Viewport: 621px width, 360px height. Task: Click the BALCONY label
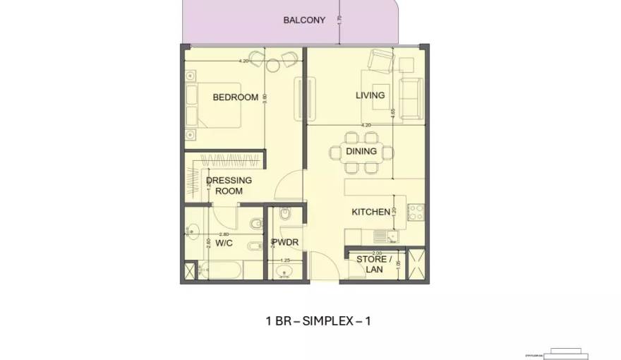click(304, 20)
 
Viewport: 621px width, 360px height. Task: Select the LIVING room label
click(370, 95)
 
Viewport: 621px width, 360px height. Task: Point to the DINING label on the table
click(361, 151)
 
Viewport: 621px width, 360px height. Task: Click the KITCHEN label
click(370, 212)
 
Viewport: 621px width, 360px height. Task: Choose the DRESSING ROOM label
click(229, 186)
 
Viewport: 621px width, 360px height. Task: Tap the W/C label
click(224, 243)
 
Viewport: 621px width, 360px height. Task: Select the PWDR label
click(285, 242)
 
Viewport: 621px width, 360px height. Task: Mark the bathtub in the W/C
click(219, 270)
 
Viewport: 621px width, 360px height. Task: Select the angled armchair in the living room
click(381, 61)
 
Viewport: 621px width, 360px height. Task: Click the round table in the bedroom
click(273, 66)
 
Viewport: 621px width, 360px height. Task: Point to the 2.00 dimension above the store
click(377, 253)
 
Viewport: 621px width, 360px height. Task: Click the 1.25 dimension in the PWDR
click(286, 260)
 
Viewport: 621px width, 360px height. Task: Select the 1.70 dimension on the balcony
click(339, 20)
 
